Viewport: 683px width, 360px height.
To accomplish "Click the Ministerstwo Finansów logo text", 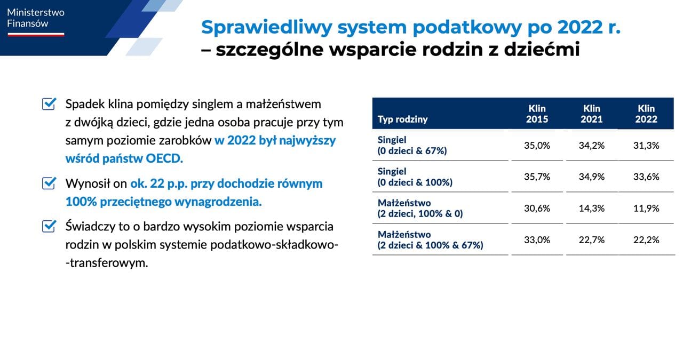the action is tap(36, 18).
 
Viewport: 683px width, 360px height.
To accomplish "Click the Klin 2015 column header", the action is tap(537, 114).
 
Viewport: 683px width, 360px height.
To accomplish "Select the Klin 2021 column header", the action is tap(592, 114).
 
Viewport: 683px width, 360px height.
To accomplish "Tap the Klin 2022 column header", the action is tap(646, 114).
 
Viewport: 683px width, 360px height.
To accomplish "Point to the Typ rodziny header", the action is tap(402, 119).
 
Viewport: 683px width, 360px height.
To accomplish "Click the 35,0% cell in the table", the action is tap(537, 146).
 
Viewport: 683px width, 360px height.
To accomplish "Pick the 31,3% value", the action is tap(646, 146).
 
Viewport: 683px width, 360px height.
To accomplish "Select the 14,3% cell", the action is tap(592, 208).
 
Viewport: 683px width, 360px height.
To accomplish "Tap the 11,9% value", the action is tap(646, 208).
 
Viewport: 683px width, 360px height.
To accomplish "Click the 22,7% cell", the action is tap(592, 240).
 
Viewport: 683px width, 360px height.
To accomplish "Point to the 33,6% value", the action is tap(646, 177).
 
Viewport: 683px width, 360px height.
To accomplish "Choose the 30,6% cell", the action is tap(537, 208).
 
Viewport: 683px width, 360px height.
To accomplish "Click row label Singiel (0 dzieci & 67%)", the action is tap(412, 145).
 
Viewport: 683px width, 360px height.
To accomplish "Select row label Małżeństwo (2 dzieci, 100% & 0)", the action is tap(420, 208).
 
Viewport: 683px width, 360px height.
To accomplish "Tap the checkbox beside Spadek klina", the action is tap(49, 103).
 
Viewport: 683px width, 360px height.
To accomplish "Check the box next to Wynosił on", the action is tap(49, 183).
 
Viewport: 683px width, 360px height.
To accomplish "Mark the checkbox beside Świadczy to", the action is tap(49, 226).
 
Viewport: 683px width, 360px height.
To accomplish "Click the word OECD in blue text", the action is tap(164, 158).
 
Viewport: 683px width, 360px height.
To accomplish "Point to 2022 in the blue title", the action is tap(580, 27).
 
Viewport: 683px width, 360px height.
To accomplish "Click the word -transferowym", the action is tap(107, 263).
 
